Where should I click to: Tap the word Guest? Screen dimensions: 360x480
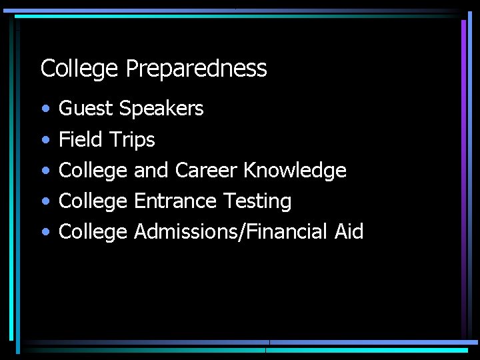pyautogui.click(x=85, y=109)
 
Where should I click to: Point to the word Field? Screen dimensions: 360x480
pyautogui.click(x=80, y=140)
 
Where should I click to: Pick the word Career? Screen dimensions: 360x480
pyautogui.click(x=205, y=171)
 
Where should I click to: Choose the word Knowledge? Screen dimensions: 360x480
pyautogui.click(x=295, y=171)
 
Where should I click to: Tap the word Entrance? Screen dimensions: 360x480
pyautogui.click(x=175, y=201)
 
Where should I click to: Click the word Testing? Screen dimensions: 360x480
pyautogui.click(x=257, y=201)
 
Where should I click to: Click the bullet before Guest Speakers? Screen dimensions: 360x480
pyautogui.click(x=44, y=109)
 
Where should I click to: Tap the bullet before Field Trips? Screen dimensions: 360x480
pyautogui.click(x=44, y=140)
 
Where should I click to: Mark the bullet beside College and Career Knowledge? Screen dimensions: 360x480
pyautogui.click(x=44, y=171)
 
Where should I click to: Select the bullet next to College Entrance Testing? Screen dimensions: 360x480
pyautogui.click(x=44, y=201)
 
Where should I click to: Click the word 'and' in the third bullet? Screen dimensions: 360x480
pyautogui.click(x=151, y=171)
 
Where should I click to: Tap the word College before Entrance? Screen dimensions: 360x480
pyautogui.click(x=93, y=201)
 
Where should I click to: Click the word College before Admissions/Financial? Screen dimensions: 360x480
pyautogui.click(x=93, y=232)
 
